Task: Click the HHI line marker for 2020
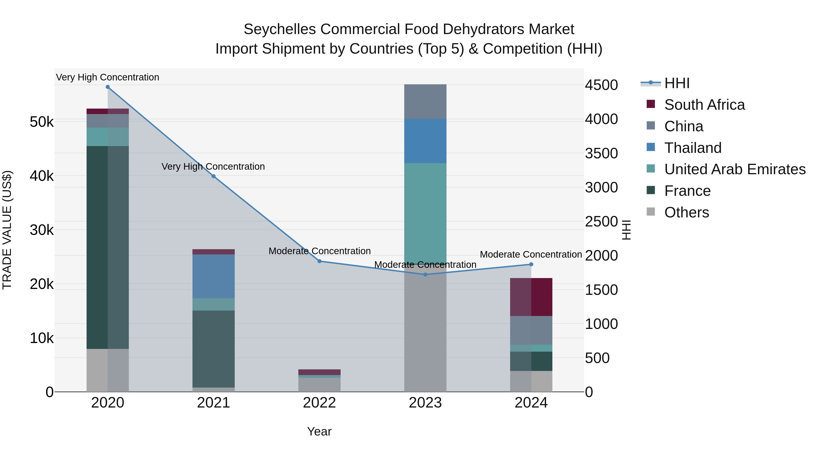pos(108,87)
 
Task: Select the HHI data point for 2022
pos(319,261)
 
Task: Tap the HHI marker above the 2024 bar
pos(531,264)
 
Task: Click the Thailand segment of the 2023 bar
pos(425,141)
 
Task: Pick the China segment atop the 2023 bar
pos(425,102)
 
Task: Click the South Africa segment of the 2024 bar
pos(531,297)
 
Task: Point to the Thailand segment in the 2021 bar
pos(213,276)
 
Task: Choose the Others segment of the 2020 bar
pos(108,370)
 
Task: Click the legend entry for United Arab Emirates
pos(735,169)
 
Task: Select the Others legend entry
pos(686,212)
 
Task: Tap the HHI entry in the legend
pos(677,83)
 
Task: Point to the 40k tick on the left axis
pos(42,176)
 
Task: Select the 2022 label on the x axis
pos(319,403)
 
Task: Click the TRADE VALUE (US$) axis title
pos(7,230)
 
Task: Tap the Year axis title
pos(319,431)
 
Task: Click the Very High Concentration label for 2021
pos(213,167)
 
